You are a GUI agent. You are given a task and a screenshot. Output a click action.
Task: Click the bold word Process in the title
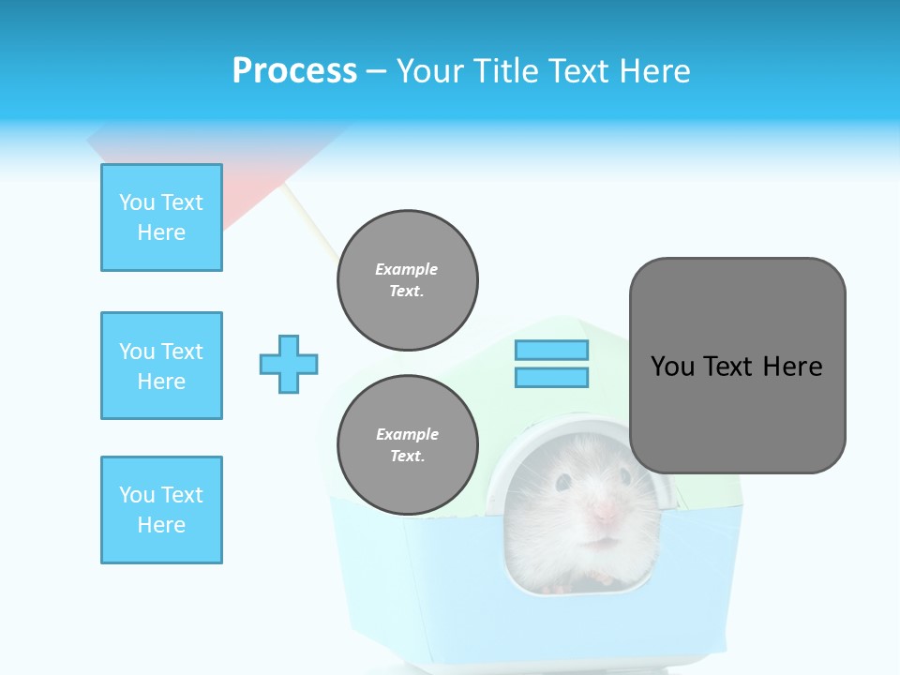(x=294, y=71)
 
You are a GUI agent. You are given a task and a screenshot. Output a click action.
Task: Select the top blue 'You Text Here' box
(x=161, y=217)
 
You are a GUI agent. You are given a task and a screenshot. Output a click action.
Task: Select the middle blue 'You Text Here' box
(x=161, y=366)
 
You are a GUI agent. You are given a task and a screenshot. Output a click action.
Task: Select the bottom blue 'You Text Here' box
(x=161, y=510)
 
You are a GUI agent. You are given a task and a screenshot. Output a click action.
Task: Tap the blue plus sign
(x=289, y=364)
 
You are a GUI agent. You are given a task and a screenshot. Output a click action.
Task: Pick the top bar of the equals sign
(x=551, y=351)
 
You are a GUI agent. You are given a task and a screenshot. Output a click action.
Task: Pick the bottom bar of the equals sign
(x=551, y=377)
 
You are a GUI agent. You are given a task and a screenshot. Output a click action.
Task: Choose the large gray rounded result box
(x=737, y=366)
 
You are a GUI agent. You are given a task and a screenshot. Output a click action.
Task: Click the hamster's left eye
(x=563, y=482)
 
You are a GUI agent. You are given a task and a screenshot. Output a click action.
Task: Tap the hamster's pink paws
(x=559, y=588)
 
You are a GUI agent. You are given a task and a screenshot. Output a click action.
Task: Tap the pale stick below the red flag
(x=309, y=221)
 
